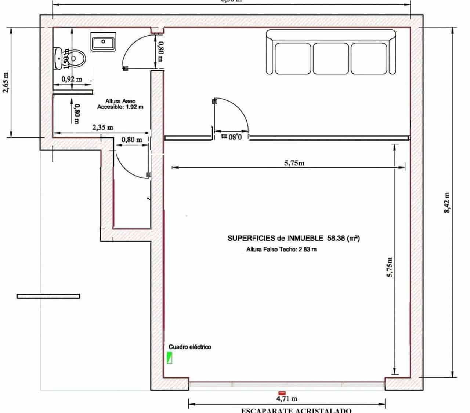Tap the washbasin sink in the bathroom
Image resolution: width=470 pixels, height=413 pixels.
[103, 41]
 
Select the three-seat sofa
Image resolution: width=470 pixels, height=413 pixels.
[331, 52]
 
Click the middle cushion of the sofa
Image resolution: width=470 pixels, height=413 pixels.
[331, 58]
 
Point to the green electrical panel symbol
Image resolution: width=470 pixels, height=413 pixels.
[170, 358]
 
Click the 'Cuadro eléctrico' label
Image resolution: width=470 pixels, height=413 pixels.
[190, 347]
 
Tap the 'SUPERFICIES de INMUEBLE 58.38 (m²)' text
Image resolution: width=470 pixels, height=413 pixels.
[293, 238]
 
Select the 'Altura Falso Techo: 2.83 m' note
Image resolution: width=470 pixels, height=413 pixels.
[282, 250]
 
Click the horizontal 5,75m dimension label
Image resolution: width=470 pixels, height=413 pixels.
[294, 163]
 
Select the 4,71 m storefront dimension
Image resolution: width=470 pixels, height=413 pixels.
[287, 398]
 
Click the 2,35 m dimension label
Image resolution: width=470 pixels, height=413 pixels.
[102, 128]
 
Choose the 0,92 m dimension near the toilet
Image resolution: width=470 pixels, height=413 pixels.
[72, 79]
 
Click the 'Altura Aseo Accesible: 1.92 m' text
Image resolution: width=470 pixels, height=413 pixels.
[120, 104]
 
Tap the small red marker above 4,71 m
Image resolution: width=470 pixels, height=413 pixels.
[282, 392]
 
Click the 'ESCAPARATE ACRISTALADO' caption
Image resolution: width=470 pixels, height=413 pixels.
[296, 410]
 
